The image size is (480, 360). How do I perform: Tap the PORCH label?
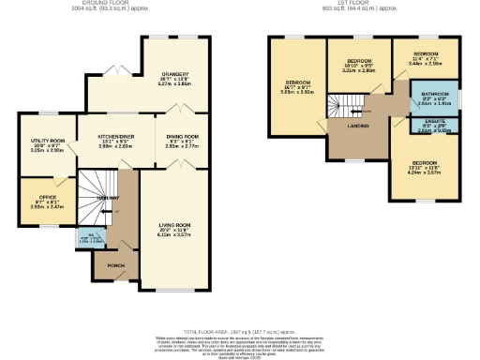click(116, 265)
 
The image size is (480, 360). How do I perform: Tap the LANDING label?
click(358, 125)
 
